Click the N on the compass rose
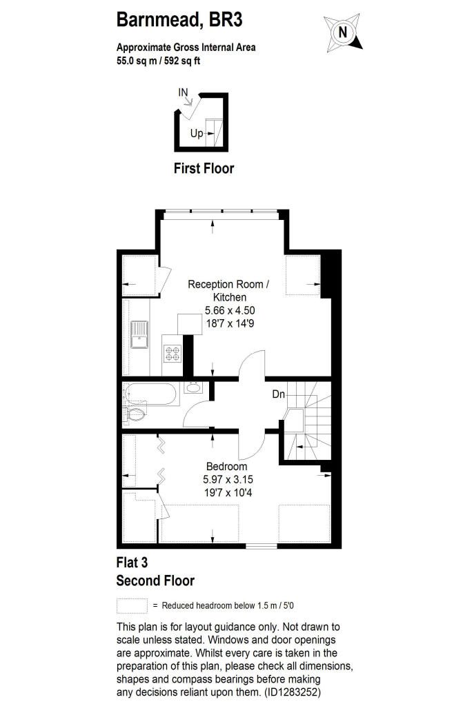343,32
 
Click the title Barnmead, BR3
179,20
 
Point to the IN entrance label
183,92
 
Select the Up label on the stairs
197,133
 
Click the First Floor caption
204,168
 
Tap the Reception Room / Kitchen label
229,290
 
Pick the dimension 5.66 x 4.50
230,310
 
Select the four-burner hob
173,353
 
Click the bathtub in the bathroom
150,394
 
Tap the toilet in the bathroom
135,414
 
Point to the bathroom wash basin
193,387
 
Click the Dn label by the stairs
279,394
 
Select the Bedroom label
227,467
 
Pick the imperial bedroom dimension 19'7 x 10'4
228,492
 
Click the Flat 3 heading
132,563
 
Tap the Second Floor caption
155,581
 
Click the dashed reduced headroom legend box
132,605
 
